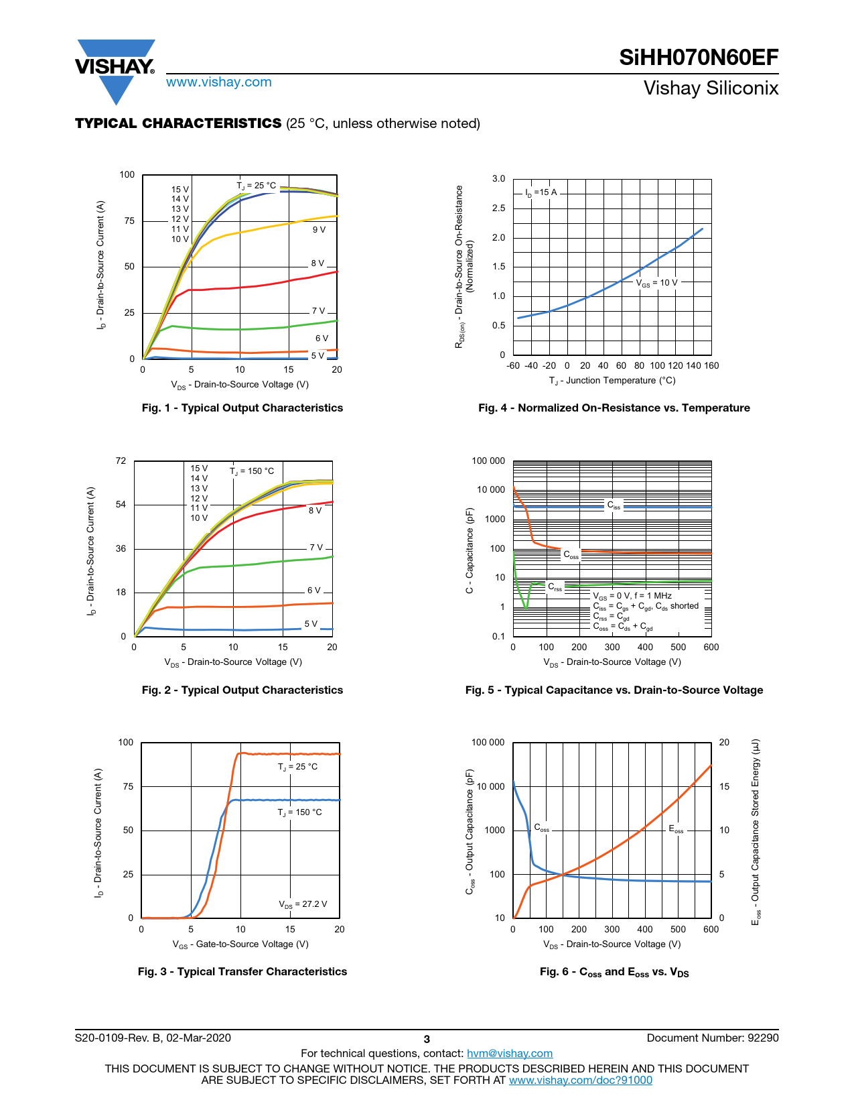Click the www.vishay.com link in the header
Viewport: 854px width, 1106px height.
coord(218,82)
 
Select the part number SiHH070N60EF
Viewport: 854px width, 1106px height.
coord(699,58)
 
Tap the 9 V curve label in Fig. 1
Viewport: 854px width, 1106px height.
coord(319,230)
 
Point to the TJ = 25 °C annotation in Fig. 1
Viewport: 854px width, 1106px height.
coord(256,186)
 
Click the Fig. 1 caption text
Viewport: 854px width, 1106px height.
coord(242,408)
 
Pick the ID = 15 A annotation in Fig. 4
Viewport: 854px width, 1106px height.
coord(541,192)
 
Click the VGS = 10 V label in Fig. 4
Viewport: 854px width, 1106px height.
coord(656,283)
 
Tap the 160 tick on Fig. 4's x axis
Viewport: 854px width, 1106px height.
coord(711,365)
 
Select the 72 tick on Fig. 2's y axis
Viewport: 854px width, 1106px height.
coord(121,460)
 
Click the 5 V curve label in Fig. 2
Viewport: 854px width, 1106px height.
coord(311,623)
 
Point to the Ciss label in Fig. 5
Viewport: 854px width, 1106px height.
coord(614,505)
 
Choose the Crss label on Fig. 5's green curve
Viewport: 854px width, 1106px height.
coord(555,587)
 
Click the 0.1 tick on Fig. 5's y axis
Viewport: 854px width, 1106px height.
coord(498,636)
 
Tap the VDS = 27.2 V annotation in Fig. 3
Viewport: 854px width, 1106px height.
coord(303,904)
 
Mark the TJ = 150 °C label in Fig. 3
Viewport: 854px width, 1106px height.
coord(299,812)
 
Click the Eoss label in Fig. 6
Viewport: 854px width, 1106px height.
coord(677,829)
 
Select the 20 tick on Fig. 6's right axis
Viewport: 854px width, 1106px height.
coord(724,742)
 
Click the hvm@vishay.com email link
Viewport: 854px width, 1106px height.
coord(510,1053)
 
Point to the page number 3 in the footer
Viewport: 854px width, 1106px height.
coord(427,1039)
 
